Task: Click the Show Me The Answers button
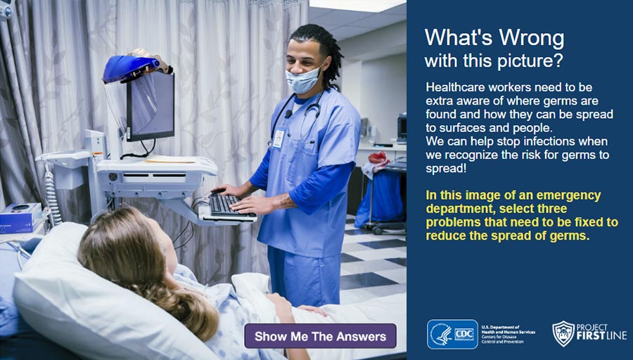320,336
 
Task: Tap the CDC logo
452,334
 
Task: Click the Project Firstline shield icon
563,333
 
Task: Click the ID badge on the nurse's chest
279,138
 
